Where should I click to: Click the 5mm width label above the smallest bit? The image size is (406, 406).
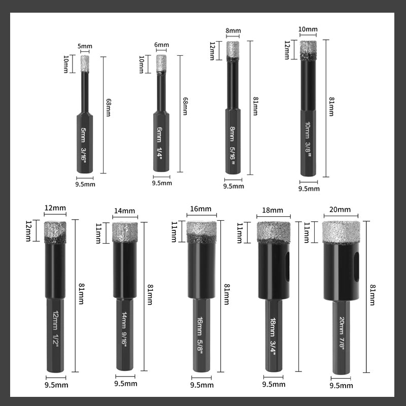click(85, 46)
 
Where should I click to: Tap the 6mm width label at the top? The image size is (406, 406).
click(161, 45)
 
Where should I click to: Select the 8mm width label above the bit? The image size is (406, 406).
click(233, 30)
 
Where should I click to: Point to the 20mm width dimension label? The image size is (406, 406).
click(340, 210)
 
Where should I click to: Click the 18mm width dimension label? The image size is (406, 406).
click(273, 210)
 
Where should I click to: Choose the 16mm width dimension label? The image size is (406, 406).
click(200, 209)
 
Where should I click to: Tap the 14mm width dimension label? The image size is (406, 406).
click(124, 211)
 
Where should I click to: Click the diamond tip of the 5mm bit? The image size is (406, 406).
click(85, 64)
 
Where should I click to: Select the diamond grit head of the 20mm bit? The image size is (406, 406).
click(341, 232)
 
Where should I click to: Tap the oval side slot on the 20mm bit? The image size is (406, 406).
click(357, 267)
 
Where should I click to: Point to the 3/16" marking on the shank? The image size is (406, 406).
click(83, 154)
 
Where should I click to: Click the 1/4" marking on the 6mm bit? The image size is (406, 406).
click(159, 153)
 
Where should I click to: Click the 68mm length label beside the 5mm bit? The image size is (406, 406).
click(109, 108)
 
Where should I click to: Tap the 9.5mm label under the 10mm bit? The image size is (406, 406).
click(309, 188)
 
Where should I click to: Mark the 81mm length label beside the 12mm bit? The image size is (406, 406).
click(81, 294)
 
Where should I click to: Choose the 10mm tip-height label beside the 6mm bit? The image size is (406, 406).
click(142, 64)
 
